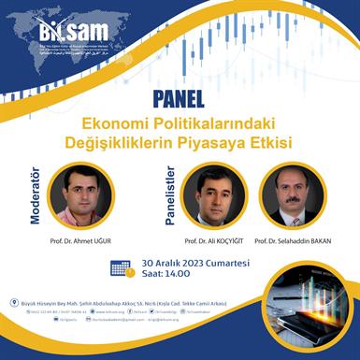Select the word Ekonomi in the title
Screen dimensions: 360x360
(x=116, y=122)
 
